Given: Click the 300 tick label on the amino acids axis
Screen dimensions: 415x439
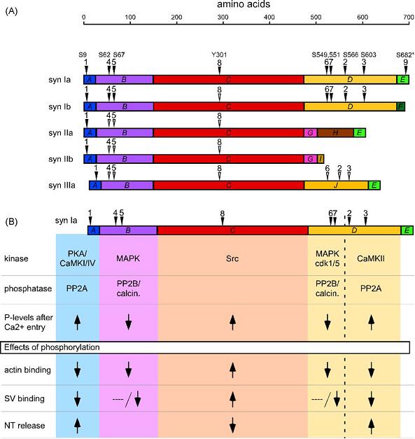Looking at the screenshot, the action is click(223, 17).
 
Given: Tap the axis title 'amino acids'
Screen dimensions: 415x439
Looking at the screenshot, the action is click(244, 4).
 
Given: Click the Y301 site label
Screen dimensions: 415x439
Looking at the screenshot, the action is click(219, 55).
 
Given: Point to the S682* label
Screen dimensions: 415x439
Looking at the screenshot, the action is click(405, 55).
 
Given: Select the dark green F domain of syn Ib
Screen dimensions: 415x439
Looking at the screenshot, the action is click(401, 106).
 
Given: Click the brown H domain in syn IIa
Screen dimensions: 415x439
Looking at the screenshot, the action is click(335, 133).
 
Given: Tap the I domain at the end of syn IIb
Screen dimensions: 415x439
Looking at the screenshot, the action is click(321, 159).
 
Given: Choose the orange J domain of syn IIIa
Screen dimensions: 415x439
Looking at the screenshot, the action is click(336, 186).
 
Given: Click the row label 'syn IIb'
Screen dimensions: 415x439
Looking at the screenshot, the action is click(61, 159).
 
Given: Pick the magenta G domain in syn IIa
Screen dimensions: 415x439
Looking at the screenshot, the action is click(311, 133).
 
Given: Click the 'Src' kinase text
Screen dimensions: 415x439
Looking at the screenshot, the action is click(232, 258).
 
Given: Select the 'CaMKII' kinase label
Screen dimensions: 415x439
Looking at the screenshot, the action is click(371, 258).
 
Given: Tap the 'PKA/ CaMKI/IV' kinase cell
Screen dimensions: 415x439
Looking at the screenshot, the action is click(78, 258).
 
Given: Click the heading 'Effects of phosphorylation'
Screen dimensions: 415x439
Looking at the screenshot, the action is click(52, 347).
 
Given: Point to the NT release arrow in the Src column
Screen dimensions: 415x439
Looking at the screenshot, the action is click(232, 425).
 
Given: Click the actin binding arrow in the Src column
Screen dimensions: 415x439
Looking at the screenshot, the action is click(232, 370).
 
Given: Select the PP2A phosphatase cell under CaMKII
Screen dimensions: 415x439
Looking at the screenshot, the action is click(371, 288).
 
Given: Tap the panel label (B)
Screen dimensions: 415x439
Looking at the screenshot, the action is click(11, 222).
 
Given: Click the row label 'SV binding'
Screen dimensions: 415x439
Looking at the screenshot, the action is click(24, 398).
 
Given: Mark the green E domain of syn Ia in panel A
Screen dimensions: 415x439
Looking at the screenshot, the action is click(402, 80).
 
